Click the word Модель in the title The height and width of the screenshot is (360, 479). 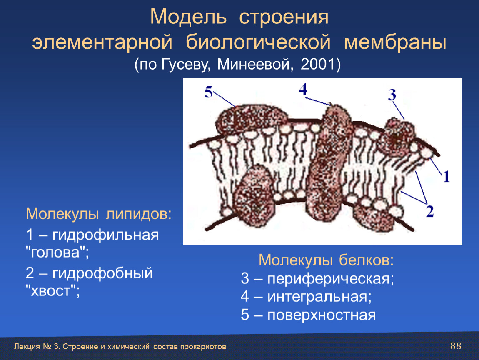189,17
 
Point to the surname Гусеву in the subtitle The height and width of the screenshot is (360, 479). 185,65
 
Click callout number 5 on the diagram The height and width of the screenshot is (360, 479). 208,92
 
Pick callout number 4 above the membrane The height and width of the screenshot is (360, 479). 303,89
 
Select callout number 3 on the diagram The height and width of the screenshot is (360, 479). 392,95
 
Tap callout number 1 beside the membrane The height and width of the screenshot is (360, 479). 447,177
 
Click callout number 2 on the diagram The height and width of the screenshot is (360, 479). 430,211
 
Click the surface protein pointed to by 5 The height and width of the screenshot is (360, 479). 250,119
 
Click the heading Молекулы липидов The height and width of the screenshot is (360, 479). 98,214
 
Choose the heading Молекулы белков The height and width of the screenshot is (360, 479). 326,260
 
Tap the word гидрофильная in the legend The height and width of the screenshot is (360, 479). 105,235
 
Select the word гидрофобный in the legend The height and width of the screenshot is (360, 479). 102,273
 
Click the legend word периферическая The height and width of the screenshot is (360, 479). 331,278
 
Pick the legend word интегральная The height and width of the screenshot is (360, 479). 319,296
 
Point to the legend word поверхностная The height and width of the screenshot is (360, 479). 322,315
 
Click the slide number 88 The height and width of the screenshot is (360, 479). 456,346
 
